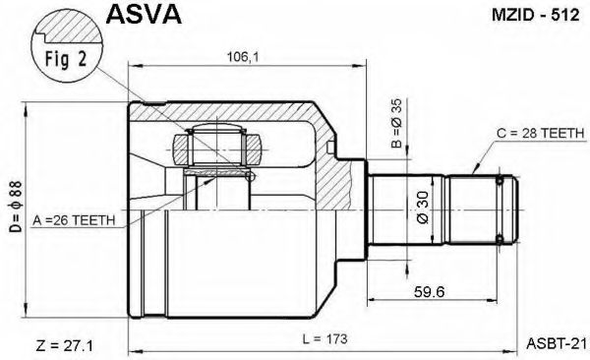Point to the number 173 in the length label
pos(336,340)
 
